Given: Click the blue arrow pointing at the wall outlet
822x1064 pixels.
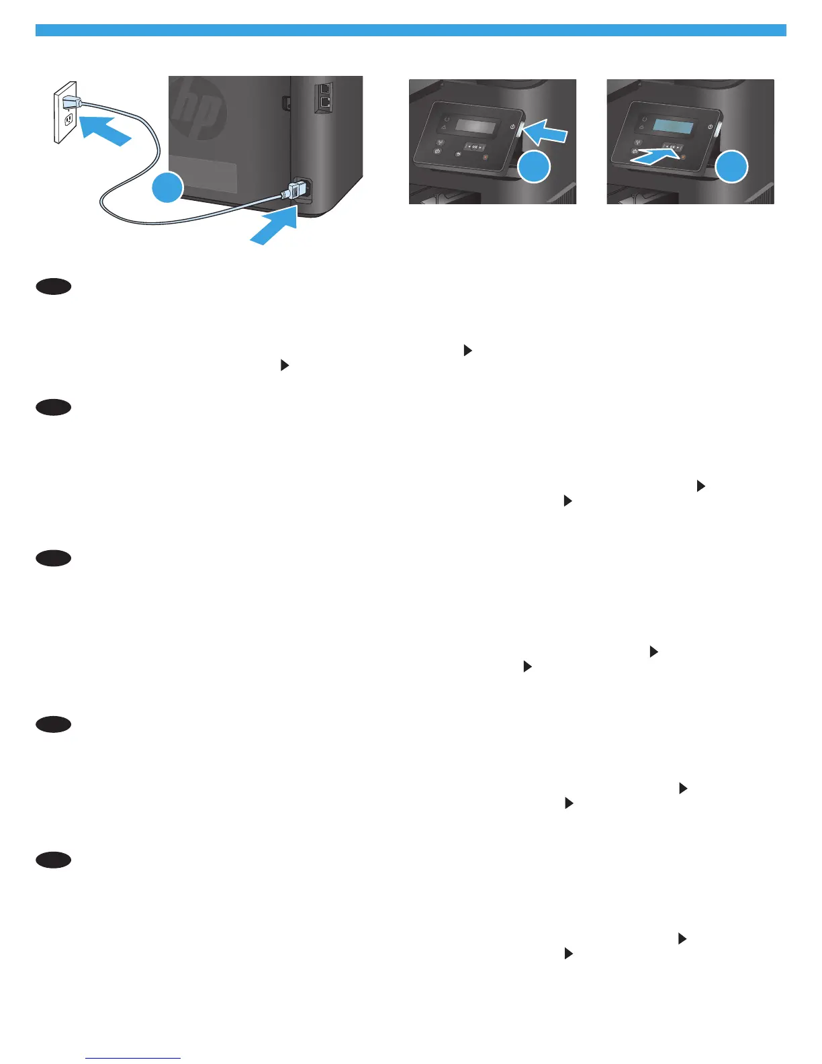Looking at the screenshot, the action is coord(103,129).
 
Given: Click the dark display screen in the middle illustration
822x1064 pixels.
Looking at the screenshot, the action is coord(476,126).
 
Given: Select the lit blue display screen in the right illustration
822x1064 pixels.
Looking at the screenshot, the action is coord(674,126).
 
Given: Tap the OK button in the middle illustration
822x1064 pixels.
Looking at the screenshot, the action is coord(475,146).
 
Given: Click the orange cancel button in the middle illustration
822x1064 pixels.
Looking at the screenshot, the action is coord(485,158).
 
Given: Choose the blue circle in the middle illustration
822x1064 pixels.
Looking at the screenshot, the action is coord(534,167).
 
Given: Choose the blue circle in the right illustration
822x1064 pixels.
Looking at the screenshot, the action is coord(731,167).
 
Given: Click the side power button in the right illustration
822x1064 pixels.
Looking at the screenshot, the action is coord(717,131).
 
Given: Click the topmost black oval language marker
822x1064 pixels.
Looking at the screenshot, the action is coord(54,287).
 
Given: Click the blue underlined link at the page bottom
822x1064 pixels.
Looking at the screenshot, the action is coord(133,1058).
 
